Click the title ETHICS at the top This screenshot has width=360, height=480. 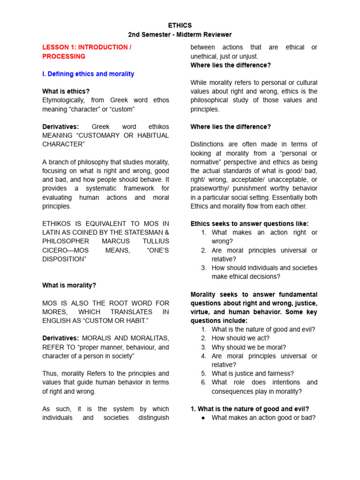click(x=180, y=25)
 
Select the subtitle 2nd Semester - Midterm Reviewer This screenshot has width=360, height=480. click(x=180, y=35)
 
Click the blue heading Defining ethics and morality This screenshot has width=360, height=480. click(x=88, y=74)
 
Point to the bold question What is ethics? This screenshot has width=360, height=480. click(x=66, y=91)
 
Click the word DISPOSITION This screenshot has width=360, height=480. click(x=64, y=259)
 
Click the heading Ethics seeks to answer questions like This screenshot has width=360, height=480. click(x=249, y=224)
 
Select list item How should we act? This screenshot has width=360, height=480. click(x=240, y=338)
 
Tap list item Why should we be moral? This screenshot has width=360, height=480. click(x=248, y=347)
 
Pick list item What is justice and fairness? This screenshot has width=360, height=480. click(x=253, y=374)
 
